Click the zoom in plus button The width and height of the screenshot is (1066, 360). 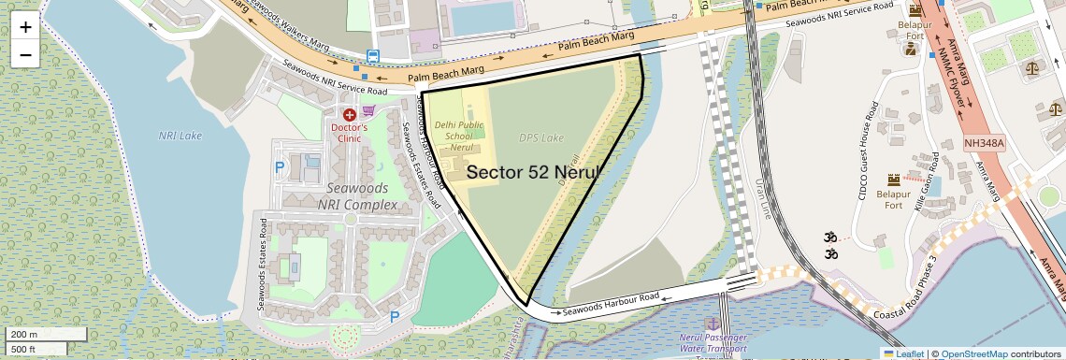coord(25,26)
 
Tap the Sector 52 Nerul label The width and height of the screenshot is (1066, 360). coord(531,172)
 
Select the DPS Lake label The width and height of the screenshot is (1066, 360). coord(541,138)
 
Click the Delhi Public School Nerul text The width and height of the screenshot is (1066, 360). coord(458,136)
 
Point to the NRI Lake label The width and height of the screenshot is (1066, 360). coord(180,136)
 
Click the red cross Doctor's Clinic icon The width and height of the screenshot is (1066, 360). coord(350,114)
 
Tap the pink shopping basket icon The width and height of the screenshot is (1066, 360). coord(369,110)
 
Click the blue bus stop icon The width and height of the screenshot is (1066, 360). coord(373,56)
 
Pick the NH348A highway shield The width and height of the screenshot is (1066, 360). coord(984,144)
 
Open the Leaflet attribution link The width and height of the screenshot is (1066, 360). coord(903,353)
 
